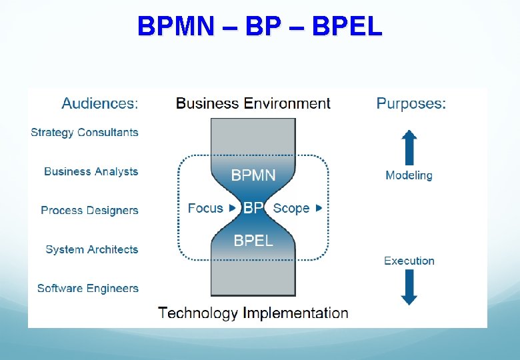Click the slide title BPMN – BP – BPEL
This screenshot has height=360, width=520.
(x=260, y=27)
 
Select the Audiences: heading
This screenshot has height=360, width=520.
(x=100, y=103)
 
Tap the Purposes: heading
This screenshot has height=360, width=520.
(x=411, y=103)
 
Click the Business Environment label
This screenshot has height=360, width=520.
(x=253, y=103)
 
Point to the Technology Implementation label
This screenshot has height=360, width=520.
(x=253, y=313)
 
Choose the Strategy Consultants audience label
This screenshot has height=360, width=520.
(x=85, y=132)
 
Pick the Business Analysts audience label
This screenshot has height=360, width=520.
(x=91, y=171)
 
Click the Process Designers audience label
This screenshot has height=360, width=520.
(x=89, y=210)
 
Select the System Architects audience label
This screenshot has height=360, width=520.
(x=92, y=249)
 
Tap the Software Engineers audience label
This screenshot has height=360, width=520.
(x=88, y=288)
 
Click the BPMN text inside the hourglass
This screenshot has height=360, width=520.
(x=253, y=175)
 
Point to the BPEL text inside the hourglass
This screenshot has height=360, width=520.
(x=253, y=240)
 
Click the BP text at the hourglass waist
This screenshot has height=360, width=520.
(x=253, y=208)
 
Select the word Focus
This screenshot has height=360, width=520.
(x=205, y=208)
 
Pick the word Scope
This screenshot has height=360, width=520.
(x=291, y=208)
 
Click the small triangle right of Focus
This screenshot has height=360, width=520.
(x=232, y=208)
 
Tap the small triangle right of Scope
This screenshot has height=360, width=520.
(x=319, y=208)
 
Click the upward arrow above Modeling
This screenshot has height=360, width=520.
(x=409, y=148)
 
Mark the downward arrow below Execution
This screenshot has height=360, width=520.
(x=409, y=287)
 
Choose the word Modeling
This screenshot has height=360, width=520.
(x=409, y=175)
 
